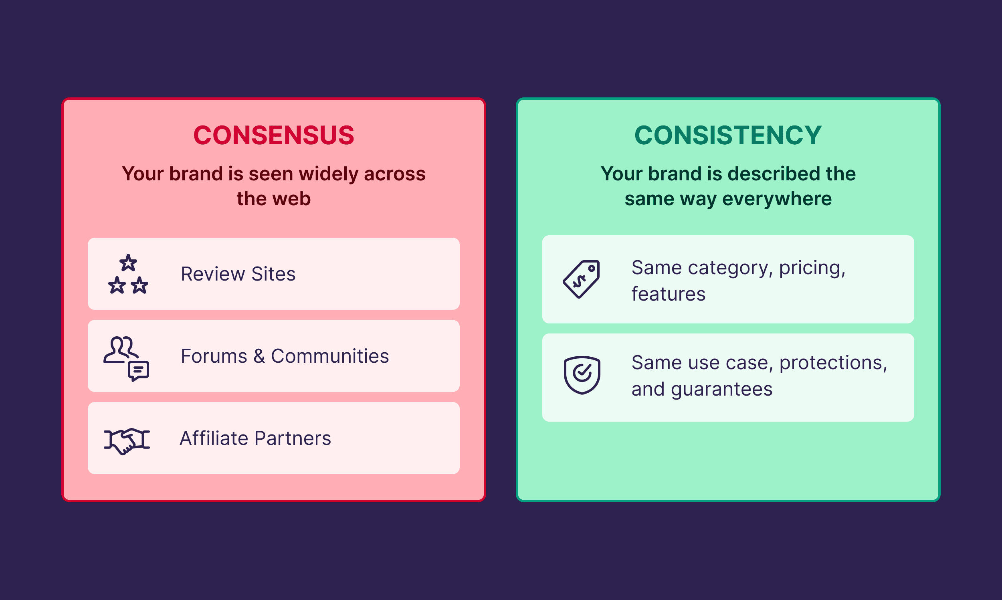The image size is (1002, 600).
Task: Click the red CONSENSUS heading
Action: click(x=274, y=135)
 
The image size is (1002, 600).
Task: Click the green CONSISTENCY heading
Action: click(x=727, y=135)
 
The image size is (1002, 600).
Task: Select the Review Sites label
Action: click(x=238, y=274)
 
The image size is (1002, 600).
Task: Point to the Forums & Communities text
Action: click(x=285, y=356)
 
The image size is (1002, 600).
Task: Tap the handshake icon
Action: click(x=127, y=440)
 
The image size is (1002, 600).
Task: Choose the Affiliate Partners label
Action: click(x=255, y=438)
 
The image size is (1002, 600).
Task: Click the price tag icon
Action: click(x=581, y=279)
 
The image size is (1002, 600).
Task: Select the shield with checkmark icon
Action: click(x=582, y=375)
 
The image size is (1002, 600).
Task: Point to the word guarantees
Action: click(x=721, y=390)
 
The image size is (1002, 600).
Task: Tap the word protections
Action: click(x=832, y=363)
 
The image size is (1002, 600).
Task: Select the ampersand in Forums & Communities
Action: click(x=259, y=356)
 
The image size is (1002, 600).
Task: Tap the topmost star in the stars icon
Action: click(x=128, y=263)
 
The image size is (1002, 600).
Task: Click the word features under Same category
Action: click(x=668, y=294)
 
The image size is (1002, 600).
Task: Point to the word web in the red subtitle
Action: click(x=293, y=199)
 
